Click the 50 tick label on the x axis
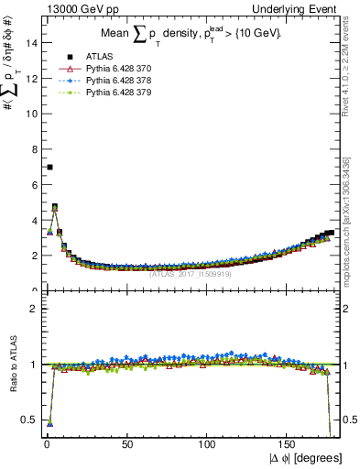click(x=127, y=444)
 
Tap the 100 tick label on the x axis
click(x=208, y=444)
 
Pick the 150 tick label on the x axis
click(x=289, y=444)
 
